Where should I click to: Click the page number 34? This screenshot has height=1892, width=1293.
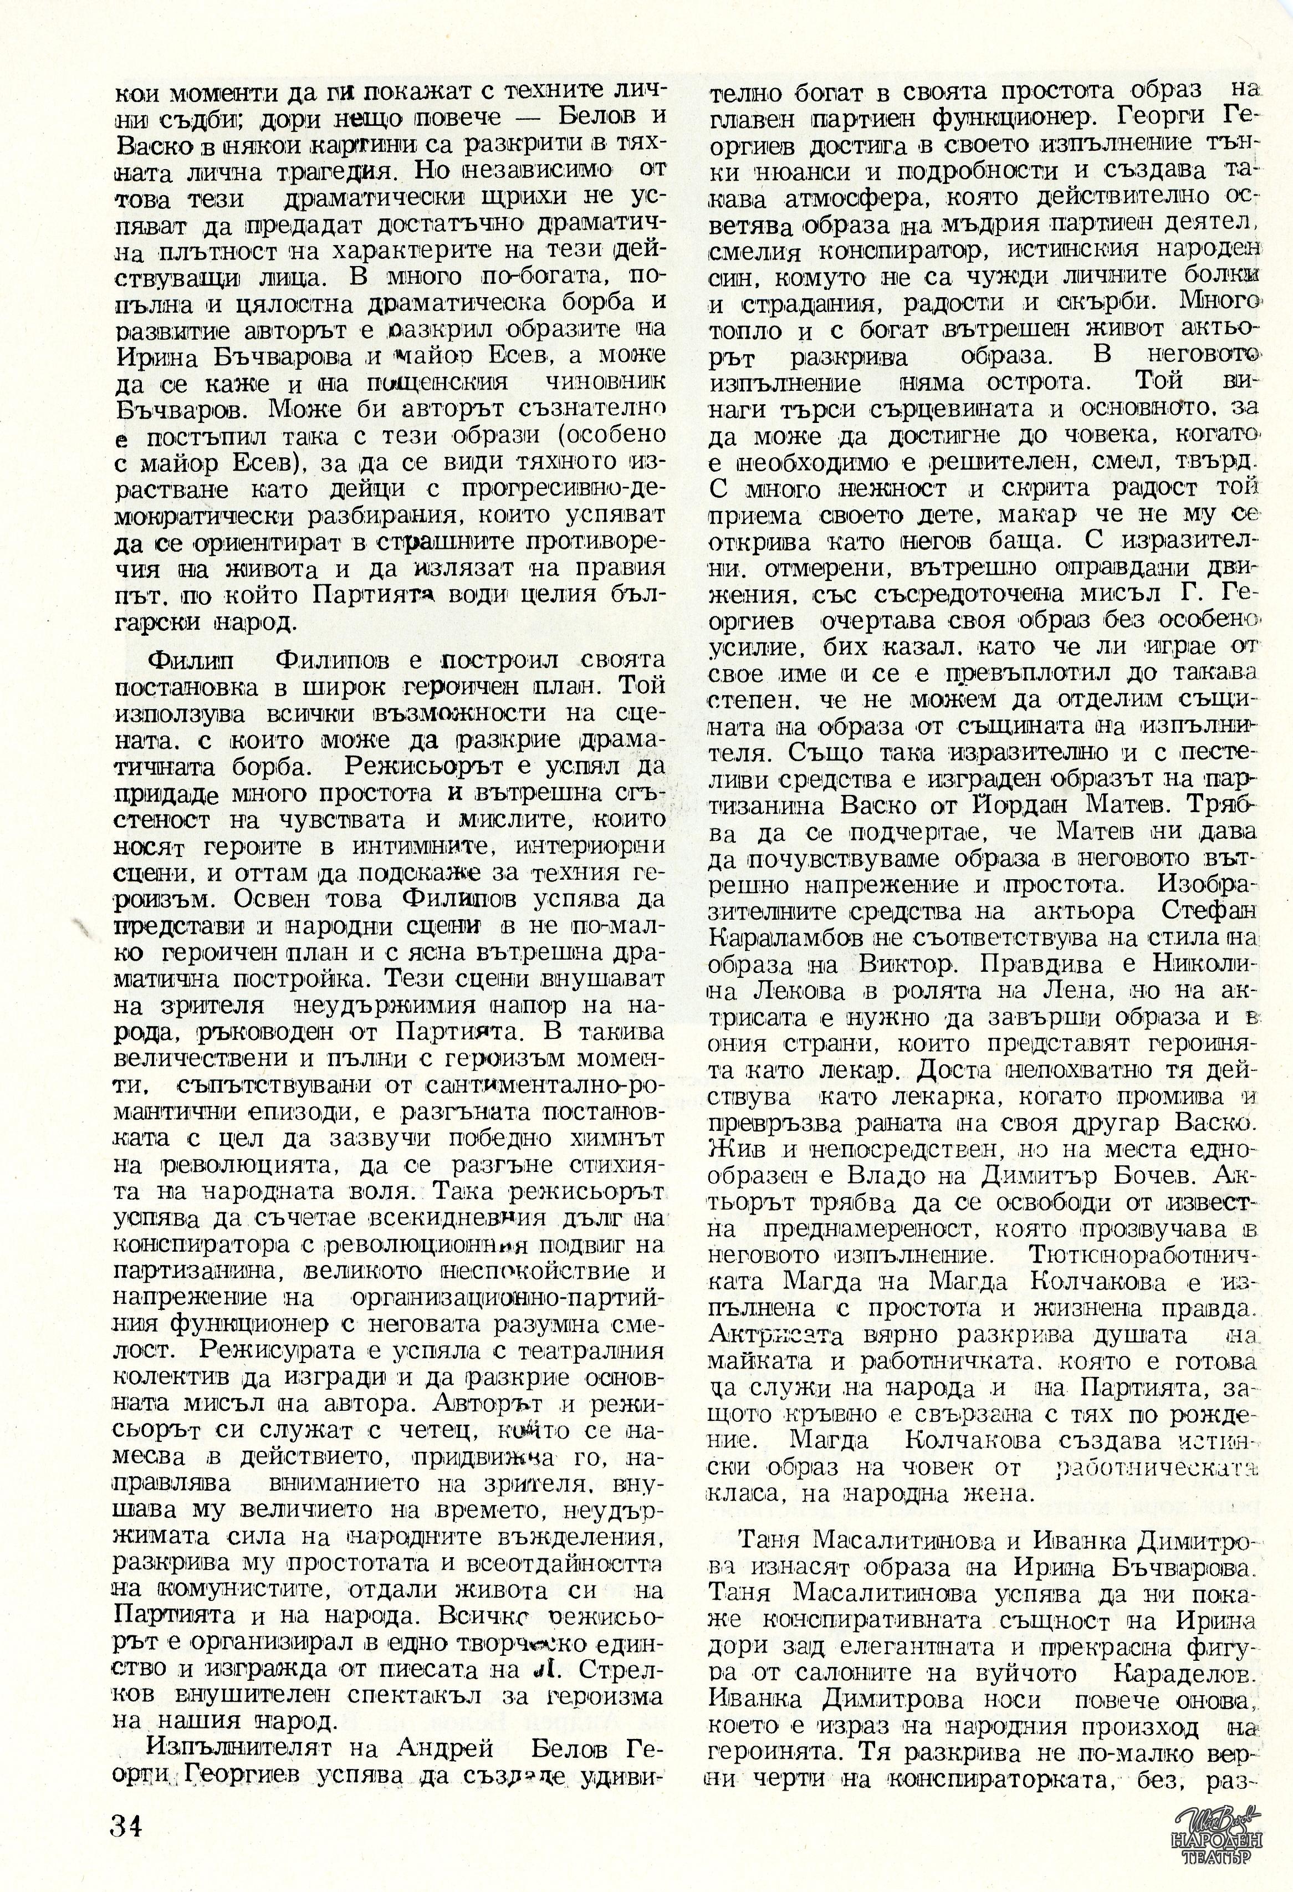[127, 1821]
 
